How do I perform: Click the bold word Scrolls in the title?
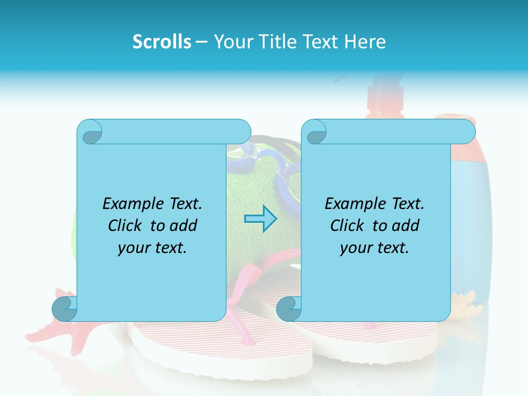coord(162,42)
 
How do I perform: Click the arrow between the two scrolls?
coord(261,219)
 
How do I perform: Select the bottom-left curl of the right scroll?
coord(289,309)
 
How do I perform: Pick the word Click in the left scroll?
coord(127,226)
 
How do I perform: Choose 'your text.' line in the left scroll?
coord(152,248)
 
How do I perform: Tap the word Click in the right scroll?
coord(349,226)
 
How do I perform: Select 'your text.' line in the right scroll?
coord(375,248)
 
